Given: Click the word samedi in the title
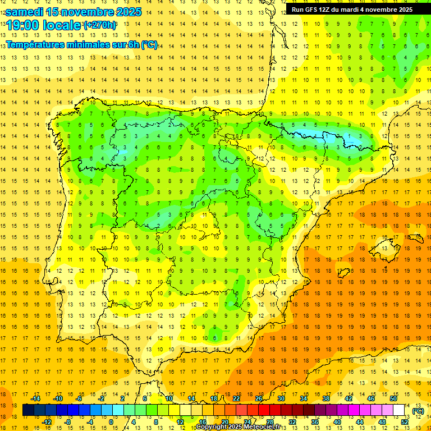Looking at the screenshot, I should pyautogui.click(x=25, y=12).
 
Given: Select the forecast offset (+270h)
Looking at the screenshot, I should pyautogui.click(x=100, y=25).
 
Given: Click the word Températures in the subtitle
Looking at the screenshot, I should pyautogui.click(x=40, y=45).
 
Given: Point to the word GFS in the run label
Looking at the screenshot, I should pyautogui.click(x=312, y=10).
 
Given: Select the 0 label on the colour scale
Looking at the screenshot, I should pyautogui.click(x=111, y=422).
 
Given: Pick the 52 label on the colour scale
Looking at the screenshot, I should pyautogui.click(x=405, y=422).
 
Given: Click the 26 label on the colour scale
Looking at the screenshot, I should pyautogui.click(x=259, y=398).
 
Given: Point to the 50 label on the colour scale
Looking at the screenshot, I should pyautogui.click(x=393, y=398).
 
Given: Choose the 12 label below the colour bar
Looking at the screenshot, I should pyautogui.click(x=180, y=422).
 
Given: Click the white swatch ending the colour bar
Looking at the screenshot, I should pyautogui.click(x=399, y=410).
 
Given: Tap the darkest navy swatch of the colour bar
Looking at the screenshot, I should pyautogui.click(x=28, y=410).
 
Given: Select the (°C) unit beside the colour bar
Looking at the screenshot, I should pyautogui.click(x=418, y=411).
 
